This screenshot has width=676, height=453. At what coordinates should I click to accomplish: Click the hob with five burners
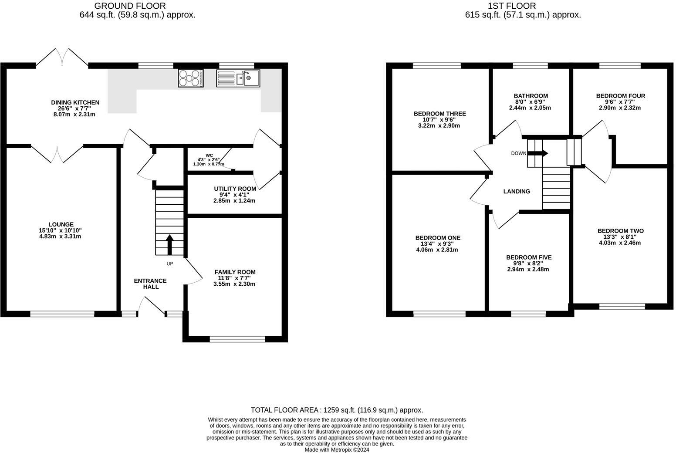click(190, 78)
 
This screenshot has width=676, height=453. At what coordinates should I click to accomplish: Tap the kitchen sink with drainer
click(238, 78)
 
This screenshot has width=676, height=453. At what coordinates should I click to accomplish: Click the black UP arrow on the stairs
click(169, 245)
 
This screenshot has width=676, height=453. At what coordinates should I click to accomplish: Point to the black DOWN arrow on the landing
click(537, 153)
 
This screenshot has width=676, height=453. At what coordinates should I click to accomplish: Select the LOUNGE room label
click(61, 224)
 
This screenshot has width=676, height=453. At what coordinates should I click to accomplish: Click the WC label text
click(209, 156)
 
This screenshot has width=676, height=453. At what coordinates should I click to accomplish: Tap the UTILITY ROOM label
click(235, 189)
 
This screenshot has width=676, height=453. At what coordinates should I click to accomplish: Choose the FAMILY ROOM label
click(235, 272)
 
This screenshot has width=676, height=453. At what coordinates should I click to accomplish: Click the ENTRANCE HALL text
click(150, 284)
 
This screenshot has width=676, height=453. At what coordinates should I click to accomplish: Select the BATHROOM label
click(531, 96)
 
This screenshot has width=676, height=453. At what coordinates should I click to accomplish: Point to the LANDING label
click(517, 191)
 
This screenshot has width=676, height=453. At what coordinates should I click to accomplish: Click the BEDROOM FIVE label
click(529, 257)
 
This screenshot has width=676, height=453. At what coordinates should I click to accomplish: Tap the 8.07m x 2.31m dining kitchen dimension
click(74, 115)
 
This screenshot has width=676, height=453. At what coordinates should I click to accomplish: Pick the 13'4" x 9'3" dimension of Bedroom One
click(437, 244)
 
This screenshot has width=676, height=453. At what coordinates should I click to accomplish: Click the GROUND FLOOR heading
click(130, 6)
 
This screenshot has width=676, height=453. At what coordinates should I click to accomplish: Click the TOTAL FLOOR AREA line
click(337, 410)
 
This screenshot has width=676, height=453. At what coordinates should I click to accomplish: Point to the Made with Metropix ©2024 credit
click(337, 450)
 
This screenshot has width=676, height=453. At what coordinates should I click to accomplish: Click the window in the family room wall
click(237, 339)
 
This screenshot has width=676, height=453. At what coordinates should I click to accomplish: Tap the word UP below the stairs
click(169, 264)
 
